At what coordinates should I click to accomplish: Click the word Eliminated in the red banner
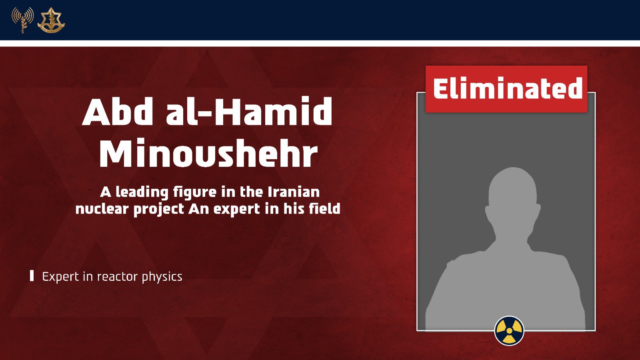(x=508, y=88)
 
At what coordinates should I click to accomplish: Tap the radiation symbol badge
(x=509, y=330)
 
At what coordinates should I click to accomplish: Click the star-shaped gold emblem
(x=51, y=20)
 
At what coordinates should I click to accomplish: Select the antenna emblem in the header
(x=22, y=20)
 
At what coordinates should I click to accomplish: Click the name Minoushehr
(x=208, y=153)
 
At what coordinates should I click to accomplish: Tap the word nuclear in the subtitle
(x=102, y=209)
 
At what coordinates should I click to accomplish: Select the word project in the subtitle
(x=158, y=210)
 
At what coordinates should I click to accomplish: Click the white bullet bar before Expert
(x=32, y=276)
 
